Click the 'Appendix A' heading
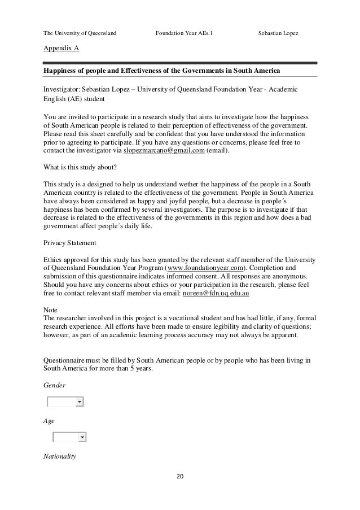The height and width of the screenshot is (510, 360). point(61,49)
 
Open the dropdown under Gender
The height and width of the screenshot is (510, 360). point(80,402)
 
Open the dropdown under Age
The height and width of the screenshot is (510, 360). point(82,437)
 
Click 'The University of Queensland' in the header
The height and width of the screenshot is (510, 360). point(80,33)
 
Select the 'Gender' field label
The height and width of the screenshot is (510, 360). point(54,385)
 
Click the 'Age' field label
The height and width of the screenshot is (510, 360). point(49,421)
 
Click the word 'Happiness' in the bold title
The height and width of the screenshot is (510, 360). point(60,71)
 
